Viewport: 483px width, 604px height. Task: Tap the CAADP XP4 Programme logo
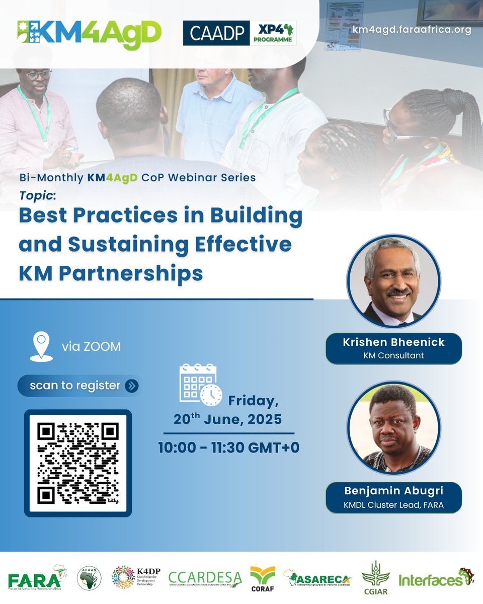(x=239, y=33)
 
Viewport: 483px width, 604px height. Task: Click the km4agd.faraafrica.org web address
(x=412, y=30)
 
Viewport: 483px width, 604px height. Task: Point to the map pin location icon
(x=41, y=346)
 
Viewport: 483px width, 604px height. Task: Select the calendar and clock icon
(x=200, y=385)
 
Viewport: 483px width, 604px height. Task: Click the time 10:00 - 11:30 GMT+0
(x=229, y=447)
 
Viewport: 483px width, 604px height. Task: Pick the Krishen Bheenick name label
(x=393, y=342)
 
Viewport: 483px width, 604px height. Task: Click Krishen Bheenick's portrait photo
(x=393, y=281)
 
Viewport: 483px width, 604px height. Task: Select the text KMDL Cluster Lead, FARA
(x=393, y=505)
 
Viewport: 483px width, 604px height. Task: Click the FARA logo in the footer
(x=35, y=579)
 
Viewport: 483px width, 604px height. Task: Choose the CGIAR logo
(x=375, y=578)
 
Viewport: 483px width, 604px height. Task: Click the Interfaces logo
(x=436, y=579)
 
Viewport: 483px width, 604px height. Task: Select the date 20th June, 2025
(x=228, y=419)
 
